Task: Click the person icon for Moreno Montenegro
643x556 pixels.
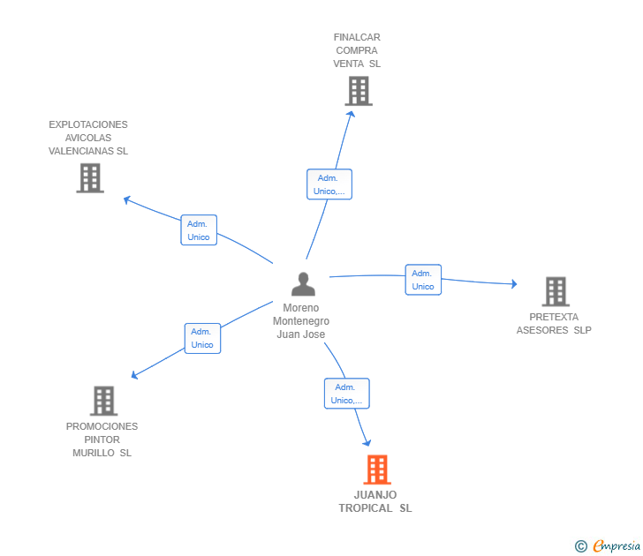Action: coord(303,284)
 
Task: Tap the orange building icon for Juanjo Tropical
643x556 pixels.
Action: coord(376,470)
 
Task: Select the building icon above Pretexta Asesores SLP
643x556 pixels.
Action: coord(555,291)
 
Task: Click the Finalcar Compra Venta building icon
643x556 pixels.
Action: coord(358,91)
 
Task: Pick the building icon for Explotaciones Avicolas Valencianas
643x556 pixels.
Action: coord(89,178)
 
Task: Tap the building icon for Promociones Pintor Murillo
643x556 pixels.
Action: coord(103,401)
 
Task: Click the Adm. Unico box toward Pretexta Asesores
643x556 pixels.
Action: coord(423,279)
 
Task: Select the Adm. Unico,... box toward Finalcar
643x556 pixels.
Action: coord(329,184)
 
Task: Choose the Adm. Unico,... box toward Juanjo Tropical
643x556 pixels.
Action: coord(346,394)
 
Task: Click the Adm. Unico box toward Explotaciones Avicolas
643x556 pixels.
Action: coord(199,230)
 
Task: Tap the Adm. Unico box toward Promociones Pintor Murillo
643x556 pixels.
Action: coord(202,338)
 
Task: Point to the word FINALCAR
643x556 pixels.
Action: coord(357,37)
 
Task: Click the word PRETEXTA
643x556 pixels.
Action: coord(554,317)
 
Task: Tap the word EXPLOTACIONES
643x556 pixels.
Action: coord(88,124)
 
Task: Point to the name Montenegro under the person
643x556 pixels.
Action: coord(301,321)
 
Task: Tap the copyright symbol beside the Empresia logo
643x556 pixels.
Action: coord(580,546)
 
